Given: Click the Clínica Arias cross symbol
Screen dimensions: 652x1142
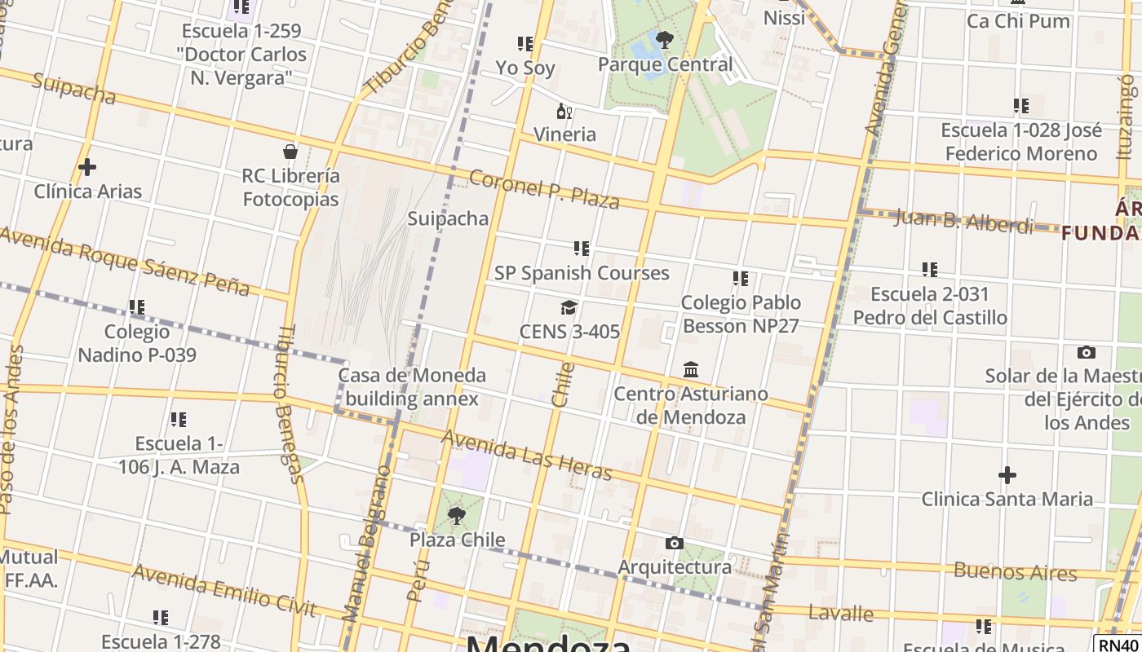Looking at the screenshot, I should pyautogui.click(x=87, y=168).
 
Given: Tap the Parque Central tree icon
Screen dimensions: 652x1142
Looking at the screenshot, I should pyautogui.click(x=665, y=39).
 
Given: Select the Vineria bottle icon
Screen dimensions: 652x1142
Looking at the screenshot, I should pyautogui.click(x=564, y=111).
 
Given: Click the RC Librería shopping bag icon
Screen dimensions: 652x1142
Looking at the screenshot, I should pyautogui.click(x=290, y=152).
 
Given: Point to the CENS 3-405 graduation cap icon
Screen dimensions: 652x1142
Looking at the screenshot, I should pyautogui.click(x=569, y=307).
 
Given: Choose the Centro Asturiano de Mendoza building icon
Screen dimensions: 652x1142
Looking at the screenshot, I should pyautogui.click(x=691, y=370).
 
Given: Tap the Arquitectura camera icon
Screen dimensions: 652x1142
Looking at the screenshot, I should pyautogui.click(x=674, y=543).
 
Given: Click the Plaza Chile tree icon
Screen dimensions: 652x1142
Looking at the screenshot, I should pyautogui.click(x=457, y=515).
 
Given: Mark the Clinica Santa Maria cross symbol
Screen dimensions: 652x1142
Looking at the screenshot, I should pyautogui.click(x=1007, y=474).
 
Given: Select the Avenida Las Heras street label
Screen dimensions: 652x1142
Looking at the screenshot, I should pyautogui.click(x=526, y=455).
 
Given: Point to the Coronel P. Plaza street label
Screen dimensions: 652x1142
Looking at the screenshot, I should pyautogui.click(x=544, y=189).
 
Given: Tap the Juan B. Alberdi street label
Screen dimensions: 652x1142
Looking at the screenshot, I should pyautogui.click(x=963, y=221).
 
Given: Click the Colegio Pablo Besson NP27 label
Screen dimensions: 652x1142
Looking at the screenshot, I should pyautogui.click(x=741, y=314).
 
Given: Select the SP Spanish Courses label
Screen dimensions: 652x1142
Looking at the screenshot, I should pyautogui.click(x=582, y=273).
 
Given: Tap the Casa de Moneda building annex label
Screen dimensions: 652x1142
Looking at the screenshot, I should pyautogui.click(x=412, y=387).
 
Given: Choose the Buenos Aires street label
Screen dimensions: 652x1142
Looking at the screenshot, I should pyautogui.click(x=1015, y=571).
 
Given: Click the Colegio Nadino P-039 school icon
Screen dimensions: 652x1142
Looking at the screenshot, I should pyautogui.click(x=137, y=308).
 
